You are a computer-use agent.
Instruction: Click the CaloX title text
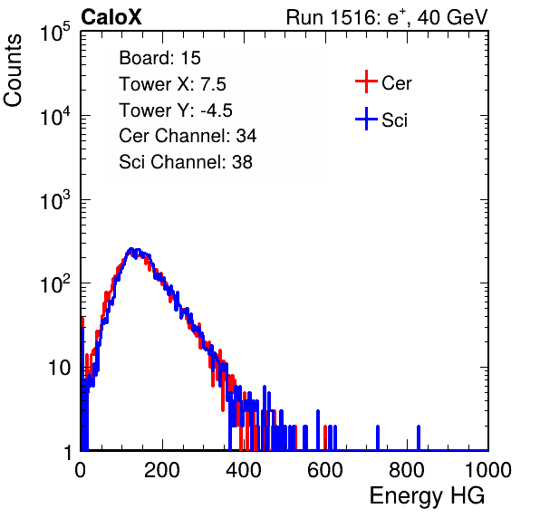[x=111, y=17]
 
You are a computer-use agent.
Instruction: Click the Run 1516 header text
[x=387, y=17]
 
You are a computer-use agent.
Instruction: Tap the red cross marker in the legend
[x=366, y=82]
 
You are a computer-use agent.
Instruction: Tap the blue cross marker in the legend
[x=366, y=119]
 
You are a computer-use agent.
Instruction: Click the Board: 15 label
[x=159, y=58]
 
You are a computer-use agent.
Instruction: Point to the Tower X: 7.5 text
[x=172, y=84]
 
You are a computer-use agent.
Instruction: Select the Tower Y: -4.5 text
[x=176, y=110]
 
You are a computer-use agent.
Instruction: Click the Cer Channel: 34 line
[x=188, y=136]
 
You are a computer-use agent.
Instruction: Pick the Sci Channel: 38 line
[x=186, y=162]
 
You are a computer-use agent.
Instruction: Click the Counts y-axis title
[x=13, y=70]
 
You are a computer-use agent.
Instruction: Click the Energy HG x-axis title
[x=427, y=496]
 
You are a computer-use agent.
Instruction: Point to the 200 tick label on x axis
[x=162, y=470]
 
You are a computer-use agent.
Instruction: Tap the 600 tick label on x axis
[x=325, y=470]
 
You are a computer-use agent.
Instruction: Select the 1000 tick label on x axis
[x=488, y=470]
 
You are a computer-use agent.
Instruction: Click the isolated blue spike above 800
[x=419, y=437]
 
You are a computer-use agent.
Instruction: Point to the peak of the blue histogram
[x=130, y=249]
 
